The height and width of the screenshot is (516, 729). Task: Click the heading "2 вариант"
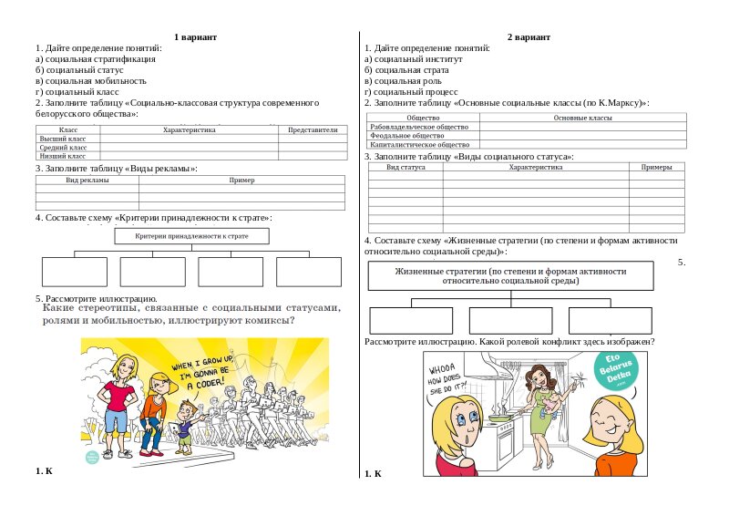click(529, 36)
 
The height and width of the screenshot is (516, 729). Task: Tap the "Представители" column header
click(313, 130)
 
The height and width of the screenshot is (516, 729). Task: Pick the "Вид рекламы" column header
click(87, 181)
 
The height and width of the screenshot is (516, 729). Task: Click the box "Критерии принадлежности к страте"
click(192, 236)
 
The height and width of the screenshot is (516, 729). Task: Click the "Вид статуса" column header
click(406, 168)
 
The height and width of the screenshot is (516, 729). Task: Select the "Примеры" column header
click(656, 168)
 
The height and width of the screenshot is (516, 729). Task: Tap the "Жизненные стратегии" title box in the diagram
click(510, 276)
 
